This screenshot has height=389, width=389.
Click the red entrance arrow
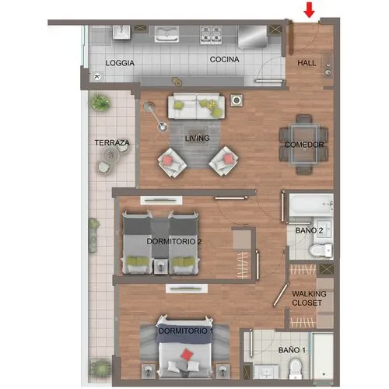pos(309,10)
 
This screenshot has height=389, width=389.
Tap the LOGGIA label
pos(120,63)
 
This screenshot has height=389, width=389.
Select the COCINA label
pos(224,59)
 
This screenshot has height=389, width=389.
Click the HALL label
pos(307,63)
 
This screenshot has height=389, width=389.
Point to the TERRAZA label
pos(112,142)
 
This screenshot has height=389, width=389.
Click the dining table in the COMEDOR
pos(304,144)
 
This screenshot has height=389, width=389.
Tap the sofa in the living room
pos(196,106)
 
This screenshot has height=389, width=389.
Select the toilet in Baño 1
pos(295,368)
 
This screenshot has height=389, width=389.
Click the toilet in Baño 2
pos(321,251)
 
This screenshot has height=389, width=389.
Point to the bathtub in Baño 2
pos(311,205)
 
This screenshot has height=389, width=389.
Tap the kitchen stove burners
pos(211,34)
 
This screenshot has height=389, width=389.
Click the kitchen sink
pos(166,33)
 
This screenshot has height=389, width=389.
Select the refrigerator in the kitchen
pos(253,37)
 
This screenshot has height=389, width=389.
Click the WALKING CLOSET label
pos(309,298)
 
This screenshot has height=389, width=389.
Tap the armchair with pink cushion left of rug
pos(172,163)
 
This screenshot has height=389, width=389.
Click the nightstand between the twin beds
pos(160,266)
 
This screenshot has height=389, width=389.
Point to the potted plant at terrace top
pos(100,102)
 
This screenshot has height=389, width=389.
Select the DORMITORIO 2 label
pos(173,241)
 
